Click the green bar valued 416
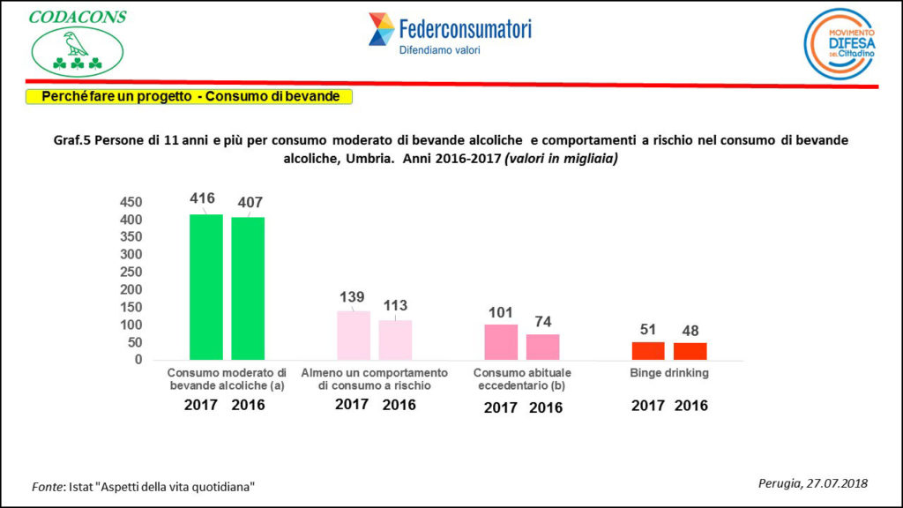tap(206, 287)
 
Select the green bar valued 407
tap(248, 288)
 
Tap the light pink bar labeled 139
tap(354, 335)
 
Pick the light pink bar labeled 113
tap(395, 340)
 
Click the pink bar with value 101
tap(501, 342)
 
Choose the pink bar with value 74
tap(542, 347)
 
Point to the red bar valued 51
tap(648, 351)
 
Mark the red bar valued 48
tap(690, 351)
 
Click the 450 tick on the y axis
tap(131, 202)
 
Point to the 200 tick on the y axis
tap(131, 289)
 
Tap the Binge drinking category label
tap(669, 373)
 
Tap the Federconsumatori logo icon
tap(381, 29)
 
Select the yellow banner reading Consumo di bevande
tap(190, 96)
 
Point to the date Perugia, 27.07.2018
tap(813, 482)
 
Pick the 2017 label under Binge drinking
tap(648, 407)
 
